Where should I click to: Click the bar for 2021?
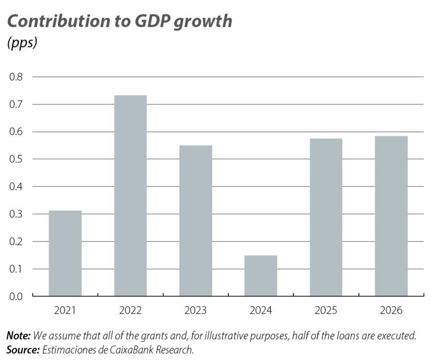click(x=65, y=253)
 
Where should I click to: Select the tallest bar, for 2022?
click(x=130, y=196)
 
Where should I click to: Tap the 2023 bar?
click(x=195, y=220)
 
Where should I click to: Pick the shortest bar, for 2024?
click(x=260, y=276)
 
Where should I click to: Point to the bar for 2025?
click(x=326, y=217)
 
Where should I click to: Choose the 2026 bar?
click(x=391, y=216)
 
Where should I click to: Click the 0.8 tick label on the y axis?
click(x=16, y=76)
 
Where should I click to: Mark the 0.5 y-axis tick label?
click(x=16, y=159)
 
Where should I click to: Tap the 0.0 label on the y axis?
click(x=16, y=296)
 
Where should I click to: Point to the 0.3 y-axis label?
click(x=16, y=214)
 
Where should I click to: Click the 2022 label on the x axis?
click(x=130, y=311)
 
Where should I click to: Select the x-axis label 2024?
click(x=260, y=311)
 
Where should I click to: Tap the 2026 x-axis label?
click(x=391, y=311)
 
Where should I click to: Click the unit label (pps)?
click(x=22, y=43)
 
